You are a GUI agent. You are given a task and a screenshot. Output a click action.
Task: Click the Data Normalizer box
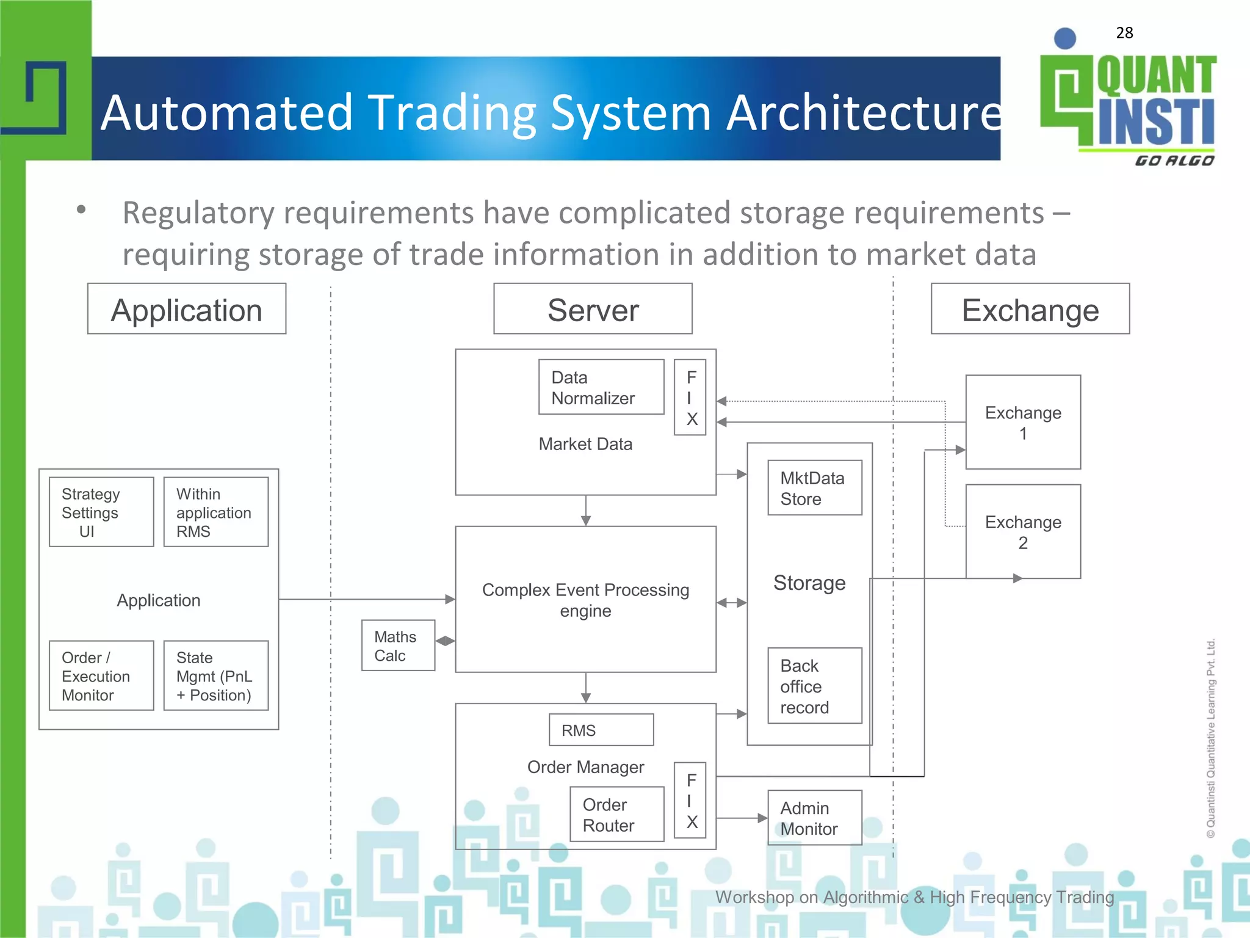601,387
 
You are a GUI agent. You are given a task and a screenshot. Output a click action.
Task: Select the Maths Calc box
398,645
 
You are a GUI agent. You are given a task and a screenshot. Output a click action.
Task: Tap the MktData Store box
814,488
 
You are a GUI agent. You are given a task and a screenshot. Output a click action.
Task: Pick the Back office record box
814,686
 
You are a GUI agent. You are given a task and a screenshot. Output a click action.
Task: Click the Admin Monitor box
814,818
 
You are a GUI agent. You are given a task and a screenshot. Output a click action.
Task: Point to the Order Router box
616,815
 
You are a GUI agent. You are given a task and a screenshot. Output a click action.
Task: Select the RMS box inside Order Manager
601,730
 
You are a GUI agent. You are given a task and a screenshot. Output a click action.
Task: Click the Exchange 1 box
1023,422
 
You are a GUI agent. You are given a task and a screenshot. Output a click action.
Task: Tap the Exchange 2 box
1023,531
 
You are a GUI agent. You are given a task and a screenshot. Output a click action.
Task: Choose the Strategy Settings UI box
101,512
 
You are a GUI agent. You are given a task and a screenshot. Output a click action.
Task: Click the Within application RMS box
216,512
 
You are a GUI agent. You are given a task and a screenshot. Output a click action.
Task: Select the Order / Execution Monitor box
101,675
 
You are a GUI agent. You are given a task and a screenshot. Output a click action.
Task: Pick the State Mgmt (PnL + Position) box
216,675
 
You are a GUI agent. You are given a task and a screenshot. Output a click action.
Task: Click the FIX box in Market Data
690,398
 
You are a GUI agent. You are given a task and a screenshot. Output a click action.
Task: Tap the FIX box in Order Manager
690,800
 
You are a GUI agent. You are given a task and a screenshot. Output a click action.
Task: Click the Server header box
593,309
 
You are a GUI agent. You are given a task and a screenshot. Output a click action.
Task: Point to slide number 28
1124,33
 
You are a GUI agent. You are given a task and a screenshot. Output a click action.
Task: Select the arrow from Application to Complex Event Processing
366,600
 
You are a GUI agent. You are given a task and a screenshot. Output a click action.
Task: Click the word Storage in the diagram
809,583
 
